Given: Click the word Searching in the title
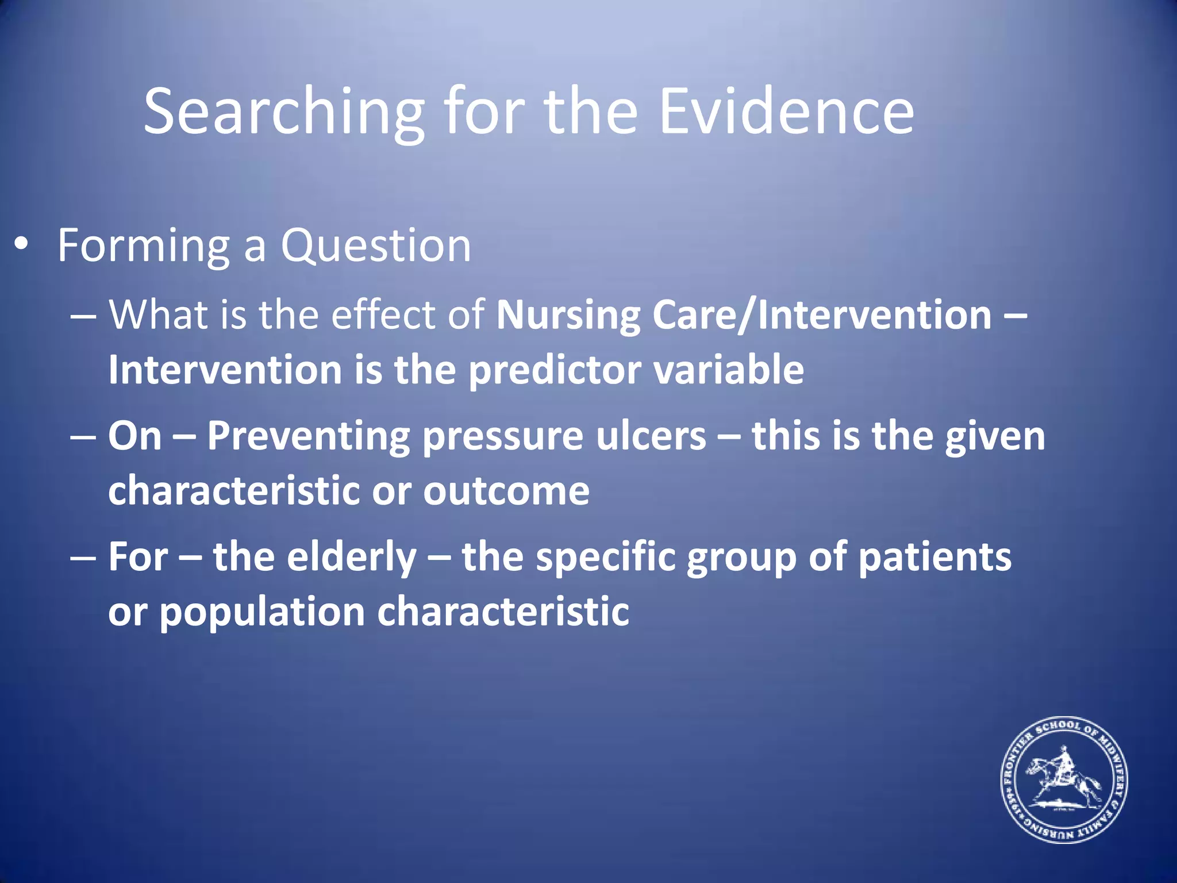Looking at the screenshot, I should (x=284, y=112).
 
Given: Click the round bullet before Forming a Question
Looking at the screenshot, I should (x=21, y=245).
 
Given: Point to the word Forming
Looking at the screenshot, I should (x=144, y=246).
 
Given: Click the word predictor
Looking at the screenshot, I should (x=555, y=370).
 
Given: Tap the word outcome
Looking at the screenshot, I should (x=506, y=491).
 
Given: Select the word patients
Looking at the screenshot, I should (x=934, y=557).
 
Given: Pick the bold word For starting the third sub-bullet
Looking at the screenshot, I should (x=138, y=557).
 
